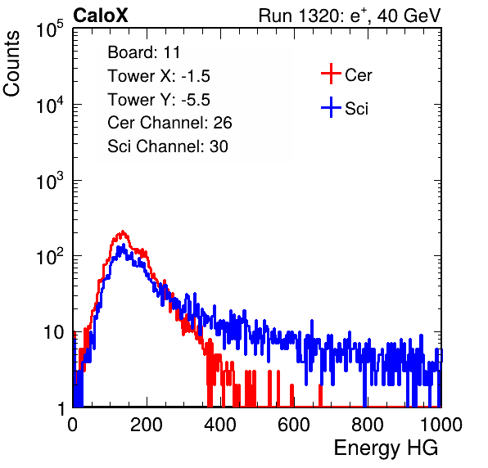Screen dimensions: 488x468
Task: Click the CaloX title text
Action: click(x=101, y=16)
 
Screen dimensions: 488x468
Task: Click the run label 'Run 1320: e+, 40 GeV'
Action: click(x=350, y=16)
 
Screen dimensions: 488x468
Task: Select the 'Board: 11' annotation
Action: click(x=144, y=52)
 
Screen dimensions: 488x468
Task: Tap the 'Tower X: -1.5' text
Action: click(x=159, y=76)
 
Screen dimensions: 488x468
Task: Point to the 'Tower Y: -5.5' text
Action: click(x=159, y=100)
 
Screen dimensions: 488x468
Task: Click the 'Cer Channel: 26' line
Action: click(x=169, y=123)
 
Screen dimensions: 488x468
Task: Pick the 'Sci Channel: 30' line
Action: click(x=168, y=146)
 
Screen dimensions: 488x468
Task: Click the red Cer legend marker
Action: click(x=331, y=74)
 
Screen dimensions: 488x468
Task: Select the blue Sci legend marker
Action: click(x=331, y=108)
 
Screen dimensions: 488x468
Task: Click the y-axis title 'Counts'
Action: click(x=11, y=64)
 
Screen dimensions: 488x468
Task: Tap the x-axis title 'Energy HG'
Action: click(x=386, y=448)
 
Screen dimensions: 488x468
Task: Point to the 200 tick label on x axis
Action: click(x=147, y=425)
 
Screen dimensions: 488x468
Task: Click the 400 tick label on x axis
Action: click(x=220, y=425)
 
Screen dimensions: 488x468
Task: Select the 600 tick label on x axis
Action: click(x=294, y=425)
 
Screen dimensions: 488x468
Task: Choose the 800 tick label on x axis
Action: click(x=368, y=425)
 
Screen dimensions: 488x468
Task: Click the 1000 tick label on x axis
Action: click(x=441, y=425)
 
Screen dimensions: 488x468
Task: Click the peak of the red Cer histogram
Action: click(x=123, y=232)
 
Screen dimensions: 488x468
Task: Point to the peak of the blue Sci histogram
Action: click(x=124, y=245)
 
